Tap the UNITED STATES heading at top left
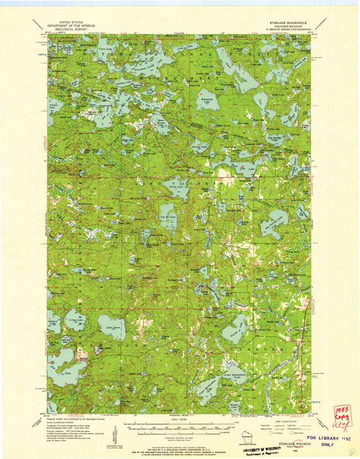[x=81, y=22]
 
